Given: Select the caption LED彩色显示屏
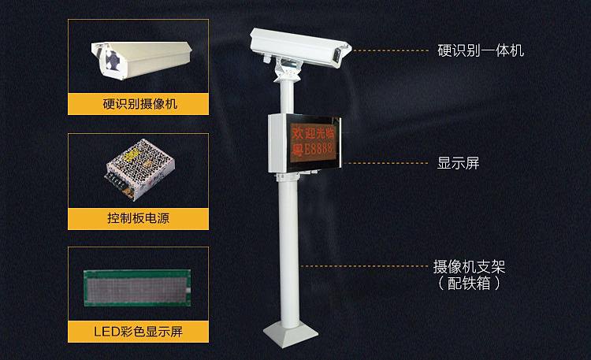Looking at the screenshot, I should (138, 330).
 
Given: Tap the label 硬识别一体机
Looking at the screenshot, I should (481, 50).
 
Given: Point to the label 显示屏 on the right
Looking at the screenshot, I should (458, 164).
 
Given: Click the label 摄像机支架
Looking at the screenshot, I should (469, 265).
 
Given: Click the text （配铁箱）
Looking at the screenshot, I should (469, 281).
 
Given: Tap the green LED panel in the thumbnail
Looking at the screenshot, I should (138, 288).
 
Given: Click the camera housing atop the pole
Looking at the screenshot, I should (296, 46).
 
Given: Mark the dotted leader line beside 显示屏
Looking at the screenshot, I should (386, 164).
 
